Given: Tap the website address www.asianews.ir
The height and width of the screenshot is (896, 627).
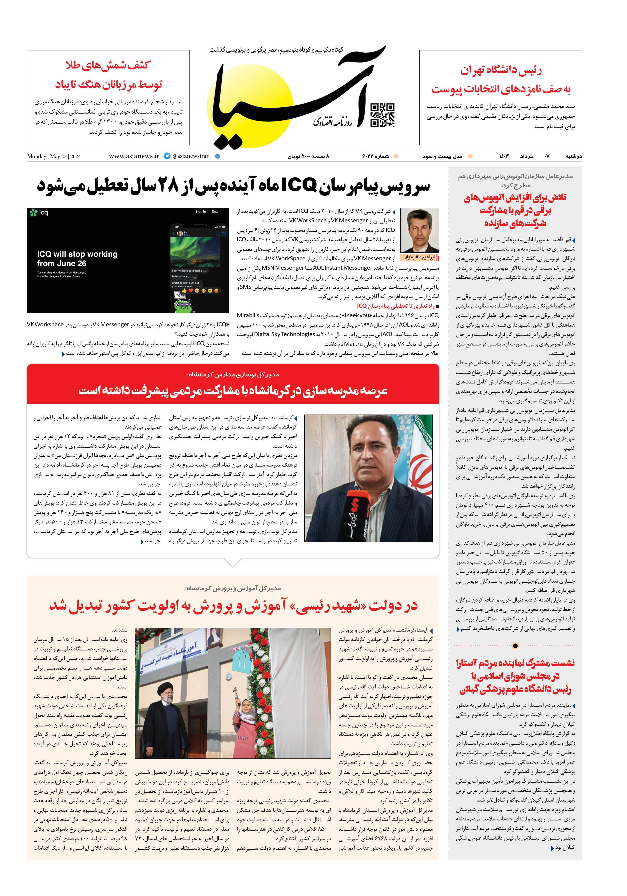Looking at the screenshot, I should click(134, 156).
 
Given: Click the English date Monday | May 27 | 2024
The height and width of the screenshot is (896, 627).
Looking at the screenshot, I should click(54, 157).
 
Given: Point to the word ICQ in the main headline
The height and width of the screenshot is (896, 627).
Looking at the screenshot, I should click(297, 186).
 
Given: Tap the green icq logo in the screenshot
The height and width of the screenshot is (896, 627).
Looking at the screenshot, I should click(39, 213).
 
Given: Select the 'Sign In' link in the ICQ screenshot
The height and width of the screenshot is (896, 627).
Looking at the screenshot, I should click(201, 211).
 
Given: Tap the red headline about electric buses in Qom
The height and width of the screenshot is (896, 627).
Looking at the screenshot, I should click(515, 211).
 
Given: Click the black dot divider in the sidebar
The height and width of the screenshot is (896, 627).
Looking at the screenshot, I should click(515, 646).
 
